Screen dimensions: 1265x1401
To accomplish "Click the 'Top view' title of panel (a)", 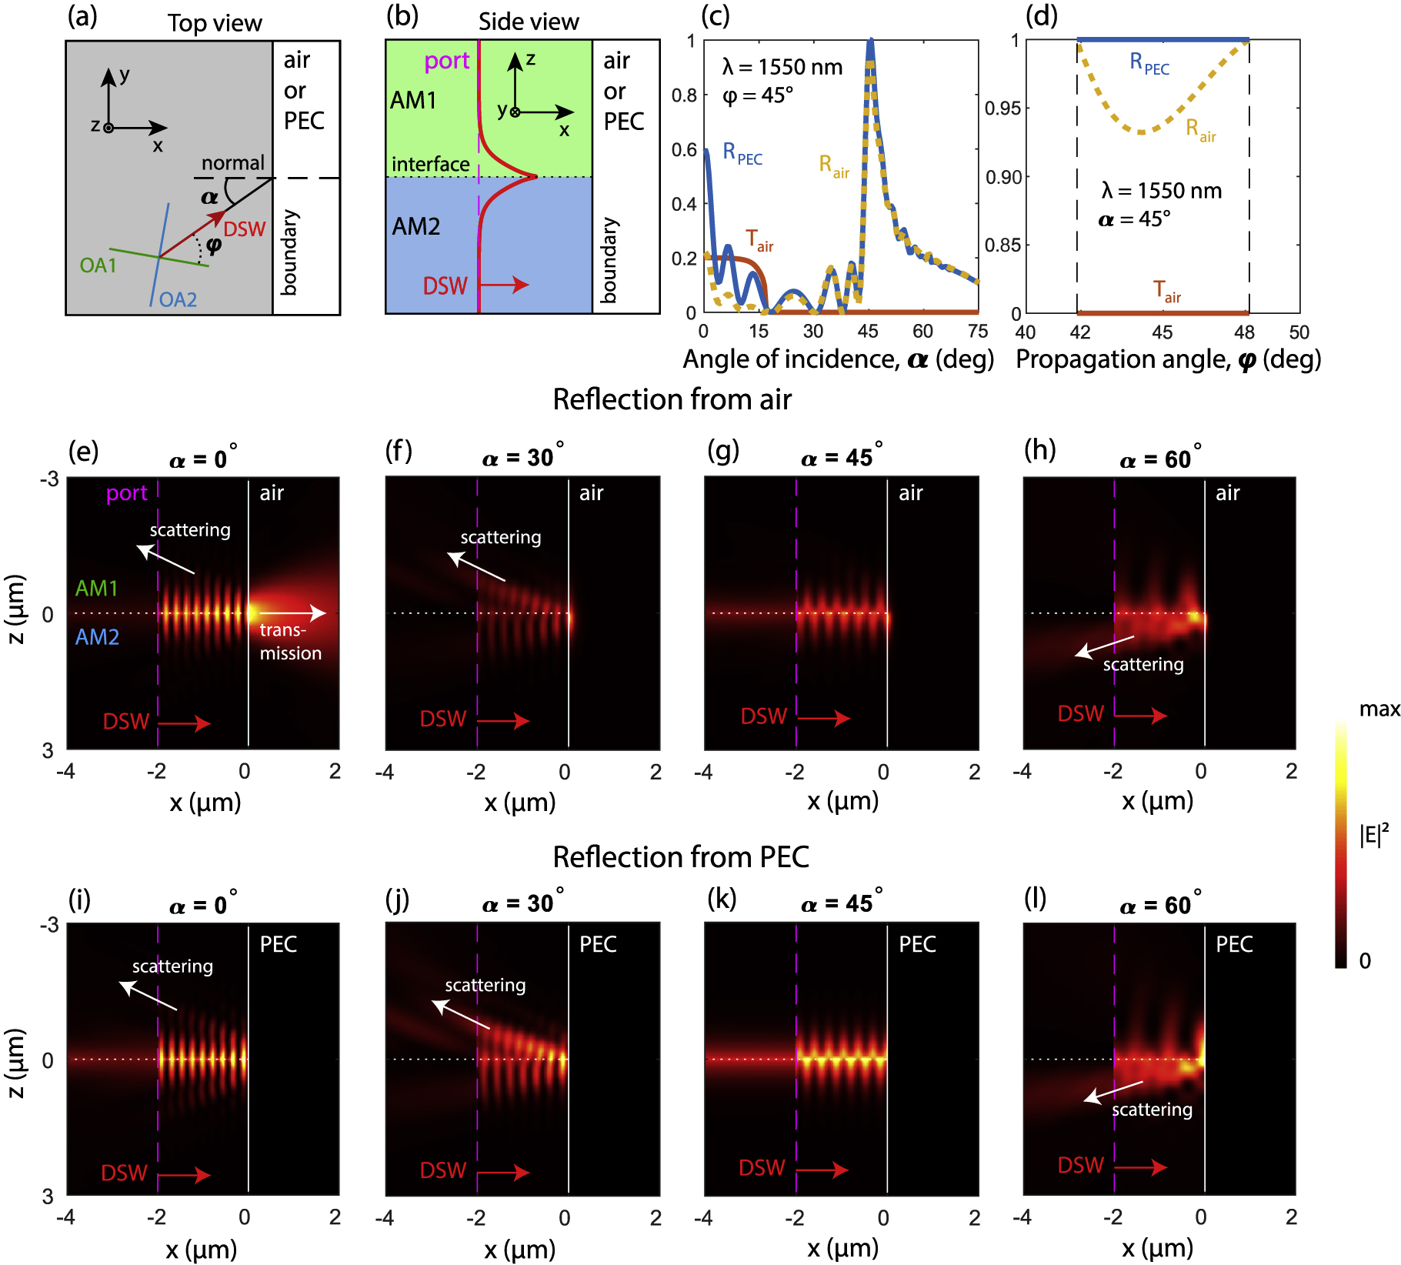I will (215, 23).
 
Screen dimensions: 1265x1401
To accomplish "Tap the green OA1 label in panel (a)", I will (98, 265).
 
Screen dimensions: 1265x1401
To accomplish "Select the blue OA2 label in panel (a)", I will (178, 299).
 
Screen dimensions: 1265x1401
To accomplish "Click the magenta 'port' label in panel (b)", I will (446, 61).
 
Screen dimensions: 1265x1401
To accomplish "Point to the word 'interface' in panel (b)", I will (430, 164).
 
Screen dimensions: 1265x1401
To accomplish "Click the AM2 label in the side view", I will (415, 226).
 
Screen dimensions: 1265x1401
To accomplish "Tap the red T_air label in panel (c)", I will (759, 241).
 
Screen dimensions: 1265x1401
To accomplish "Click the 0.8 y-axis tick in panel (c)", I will (684, 95).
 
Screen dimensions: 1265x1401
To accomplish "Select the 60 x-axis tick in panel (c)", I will (922, 332).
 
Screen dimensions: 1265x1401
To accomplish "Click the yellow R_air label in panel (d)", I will (1200, 130).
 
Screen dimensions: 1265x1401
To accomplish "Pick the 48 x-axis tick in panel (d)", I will (1244, 332).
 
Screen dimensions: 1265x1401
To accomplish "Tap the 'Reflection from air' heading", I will (672, 400).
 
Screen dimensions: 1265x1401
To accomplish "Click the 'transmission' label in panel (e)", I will (290, 642).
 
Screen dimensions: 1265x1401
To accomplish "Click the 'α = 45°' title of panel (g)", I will (841, 458).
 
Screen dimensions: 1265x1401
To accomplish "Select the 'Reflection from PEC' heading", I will (681, 857).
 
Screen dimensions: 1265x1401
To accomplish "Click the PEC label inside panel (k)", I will (917, 944).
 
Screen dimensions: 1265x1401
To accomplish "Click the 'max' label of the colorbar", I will (1379, 709).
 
